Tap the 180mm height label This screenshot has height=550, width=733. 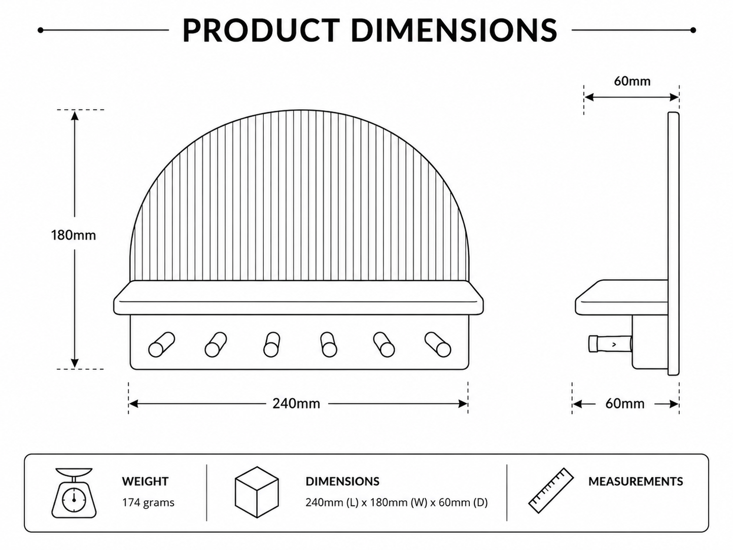[74, 235]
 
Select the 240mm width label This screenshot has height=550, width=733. [296, 404]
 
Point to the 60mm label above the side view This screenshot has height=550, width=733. [632, 81]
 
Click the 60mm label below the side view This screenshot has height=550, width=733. [625, 404]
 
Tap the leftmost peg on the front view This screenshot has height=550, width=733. [162, 345]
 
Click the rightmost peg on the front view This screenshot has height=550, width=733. [438, 345]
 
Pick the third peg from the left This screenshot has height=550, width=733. [271, 345]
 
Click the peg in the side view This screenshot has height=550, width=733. [610, 344]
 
